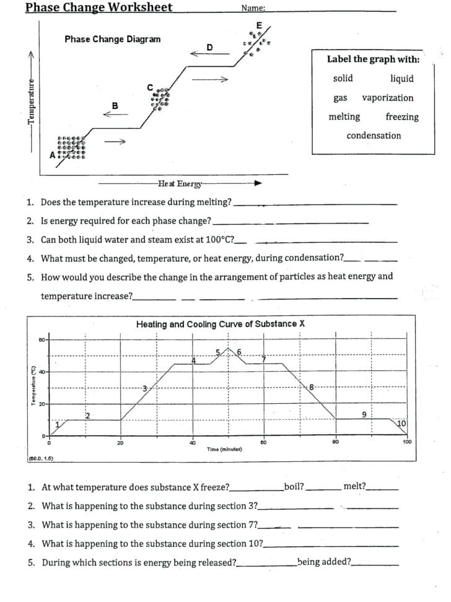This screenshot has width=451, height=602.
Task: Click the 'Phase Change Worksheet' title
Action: (99, 7)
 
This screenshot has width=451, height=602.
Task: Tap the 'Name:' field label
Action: (253, 8)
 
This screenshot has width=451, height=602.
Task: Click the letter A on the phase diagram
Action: (53, 155)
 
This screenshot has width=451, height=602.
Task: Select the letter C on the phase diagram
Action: (149, 87)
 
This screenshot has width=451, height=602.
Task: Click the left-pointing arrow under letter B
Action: (115, 114)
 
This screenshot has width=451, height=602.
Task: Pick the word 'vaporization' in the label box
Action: (387, 98)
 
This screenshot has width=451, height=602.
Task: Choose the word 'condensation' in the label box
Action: (374, 136)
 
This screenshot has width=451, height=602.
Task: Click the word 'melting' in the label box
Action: (344, 117)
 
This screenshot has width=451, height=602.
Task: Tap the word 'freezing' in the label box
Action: (401, 117)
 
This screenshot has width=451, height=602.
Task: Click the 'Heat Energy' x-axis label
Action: (180, 183)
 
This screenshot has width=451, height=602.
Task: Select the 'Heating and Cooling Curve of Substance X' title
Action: (220, 324)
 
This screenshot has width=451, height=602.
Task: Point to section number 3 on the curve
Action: (145, 388)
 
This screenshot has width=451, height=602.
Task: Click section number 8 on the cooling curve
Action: (312, 386)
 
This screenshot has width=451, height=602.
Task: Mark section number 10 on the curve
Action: (401, 423)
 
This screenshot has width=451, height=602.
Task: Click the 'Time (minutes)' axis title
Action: (224, 448)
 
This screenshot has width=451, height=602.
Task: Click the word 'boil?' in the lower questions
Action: (294, 487)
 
